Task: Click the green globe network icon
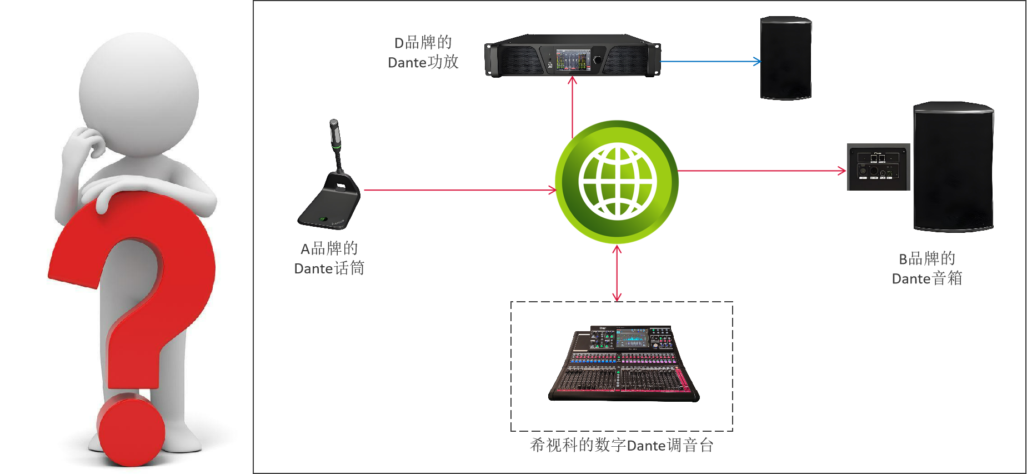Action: tap(617, 182)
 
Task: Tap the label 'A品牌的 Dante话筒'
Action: tap(329, 258)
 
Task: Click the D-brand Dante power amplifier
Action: tap(572, 56)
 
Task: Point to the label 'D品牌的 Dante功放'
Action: tap(423, 52)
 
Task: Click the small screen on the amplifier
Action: tap(572, 59)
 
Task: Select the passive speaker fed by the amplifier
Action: tap(784, 56)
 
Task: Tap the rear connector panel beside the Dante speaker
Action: tap(878, 167)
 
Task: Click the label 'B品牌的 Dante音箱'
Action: tap(926, 268)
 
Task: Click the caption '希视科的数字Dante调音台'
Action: tap(622, 445)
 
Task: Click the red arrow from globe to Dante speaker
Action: tap(761, 171)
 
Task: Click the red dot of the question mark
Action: tap(131, 431)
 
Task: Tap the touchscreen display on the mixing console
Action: tap(632, 337)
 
